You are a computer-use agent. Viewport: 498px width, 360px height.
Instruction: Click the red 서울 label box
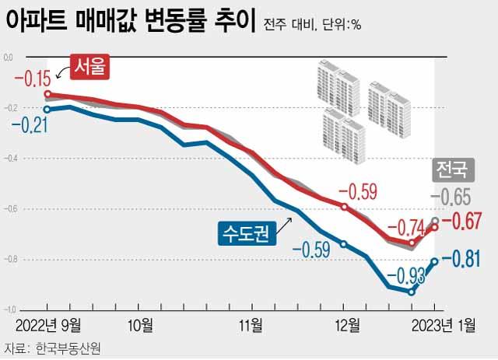click(88, 68)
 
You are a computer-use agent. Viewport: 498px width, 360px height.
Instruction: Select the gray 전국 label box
click(451, 168)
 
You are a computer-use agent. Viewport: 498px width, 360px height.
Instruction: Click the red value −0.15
click(31, 78)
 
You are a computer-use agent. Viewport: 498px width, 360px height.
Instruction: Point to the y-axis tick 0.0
click(9, 58)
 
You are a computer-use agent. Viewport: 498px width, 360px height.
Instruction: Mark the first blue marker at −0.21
click(48, 110)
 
